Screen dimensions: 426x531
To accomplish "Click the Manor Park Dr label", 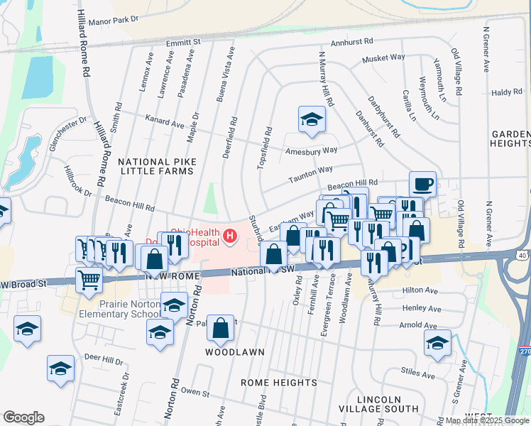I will point(109,20).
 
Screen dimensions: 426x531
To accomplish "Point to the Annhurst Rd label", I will point(351,42).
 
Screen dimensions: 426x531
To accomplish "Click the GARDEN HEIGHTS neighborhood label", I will point(510,138).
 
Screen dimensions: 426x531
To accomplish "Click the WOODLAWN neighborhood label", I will point(235,352).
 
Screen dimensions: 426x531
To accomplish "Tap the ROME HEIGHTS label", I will point(278,383).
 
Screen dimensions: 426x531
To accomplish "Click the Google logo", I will point(24,417).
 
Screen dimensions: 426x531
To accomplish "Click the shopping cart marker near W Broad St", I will point(89,278).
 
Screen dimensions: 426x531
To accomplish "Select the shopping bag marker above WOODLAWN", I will point(221,327).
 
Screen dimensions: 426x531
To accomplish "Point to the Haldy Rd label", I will point(506,92).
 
